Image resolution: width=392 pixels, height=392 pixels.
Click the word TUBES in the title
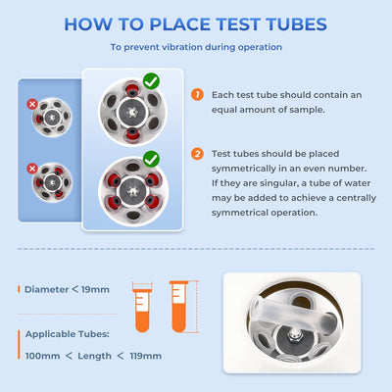(296, 24)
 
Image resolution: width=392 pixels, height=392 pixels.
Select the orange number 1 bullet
(197, 95)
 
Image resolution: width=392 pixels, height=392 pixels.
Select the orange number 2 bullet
(197, 154)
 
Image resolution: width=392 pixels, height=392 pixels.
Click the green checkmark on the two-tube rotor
(151, 81)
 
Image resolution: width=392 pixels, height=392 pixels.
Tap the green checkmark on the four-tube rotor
(151, 159)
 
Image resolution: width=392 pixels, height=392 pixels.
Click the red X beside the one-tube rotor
(32, 105)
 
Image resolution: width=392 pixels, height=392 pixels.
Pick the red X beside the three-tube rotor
(32, 169)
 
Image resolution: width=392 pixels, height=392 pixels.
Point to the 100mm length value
(42, 356)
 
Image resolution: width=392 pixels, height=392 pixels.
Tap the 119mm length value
(146, 356)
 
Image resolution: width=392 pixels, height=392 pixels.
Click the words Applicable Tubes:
(68, 334)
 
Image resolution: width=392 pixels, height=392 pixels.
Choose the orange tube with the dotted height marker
(178, 307)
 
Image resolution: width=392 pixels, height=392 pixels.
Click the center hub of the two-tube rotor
(132, 113)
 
